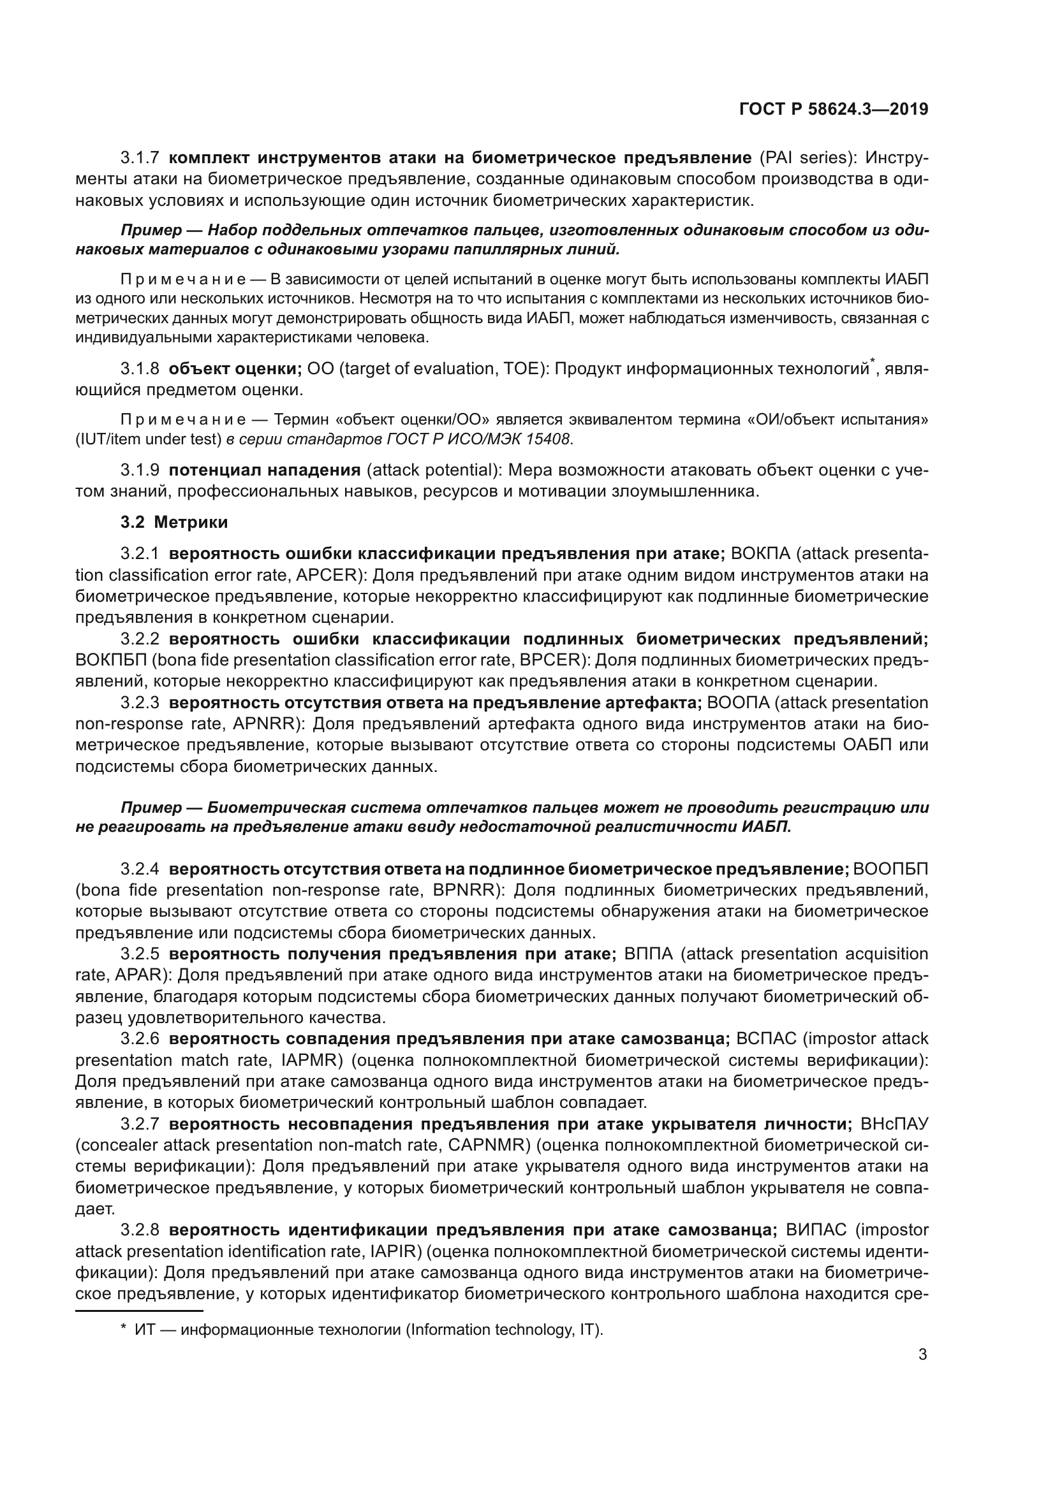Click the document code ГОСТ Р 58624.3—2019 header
point(834,110)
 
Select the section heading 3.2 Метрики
point(174,522)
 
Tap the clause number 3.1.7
point(140,158)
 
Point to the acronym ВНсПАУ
point(894,1124)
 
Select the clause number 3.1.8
point(140,369)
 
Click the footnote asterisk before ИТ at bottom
point(124,1328)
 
